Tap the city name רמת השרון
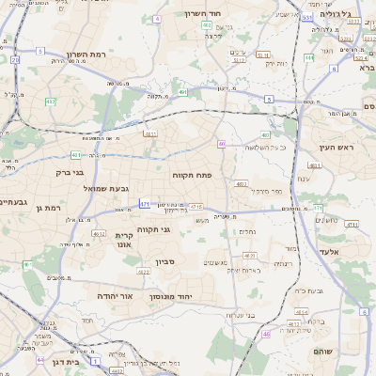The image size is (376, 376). click(87, 55)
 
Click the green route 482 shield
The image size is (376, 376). click(50, 101)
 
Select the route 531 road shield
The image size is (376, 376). click(307, 17)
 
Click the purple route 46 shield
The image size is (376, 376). click(266, 334)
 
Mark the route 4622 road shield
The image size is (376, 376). click(143, 272)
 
